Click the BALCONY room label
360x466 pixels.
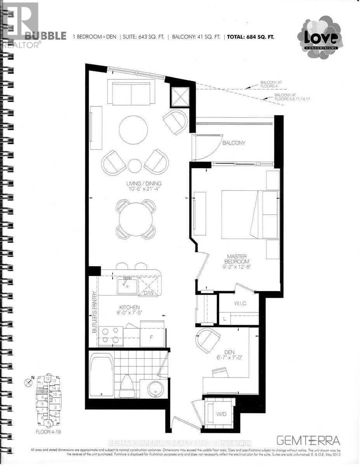(x=234, y=143)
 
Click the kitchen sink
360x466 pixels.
(x=127, y=286)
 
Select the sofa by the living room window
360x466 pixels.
(x=131, y=92)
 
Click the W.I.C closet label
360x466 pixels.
(x=238, y=303)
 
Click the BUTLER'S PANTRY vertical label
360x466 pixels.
(x=94, y=318)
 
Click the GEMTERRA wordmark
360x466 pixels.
(x=309, y=440)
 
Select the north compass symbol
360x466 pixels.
(x=28, y=383)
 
